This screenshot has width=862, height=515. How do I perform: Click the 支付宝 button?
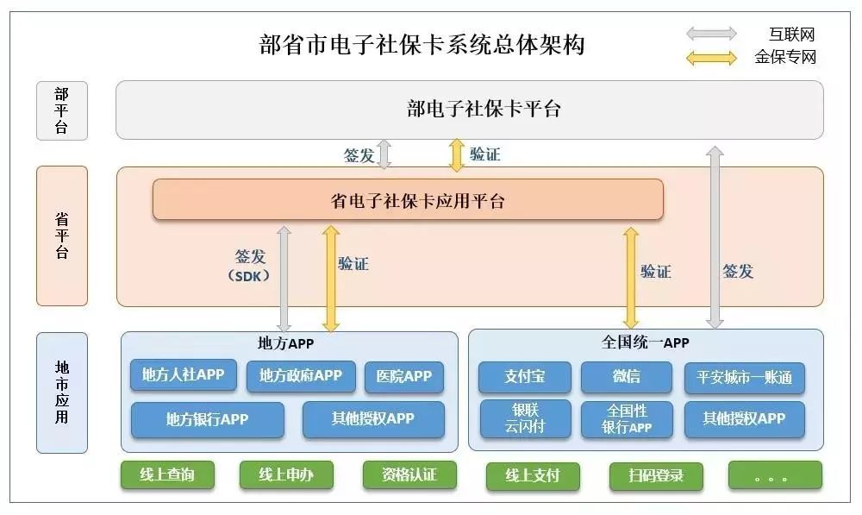[524, 377]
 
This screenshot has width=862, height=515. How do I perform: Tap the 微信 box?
[626, 377]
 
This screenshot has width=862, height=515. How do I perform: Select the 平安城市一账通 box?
[745, 378]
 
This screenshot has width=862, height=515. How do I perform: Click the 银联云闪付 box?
[525, 418]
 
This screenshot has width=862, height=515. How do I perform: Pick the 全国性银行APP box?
[627, 419]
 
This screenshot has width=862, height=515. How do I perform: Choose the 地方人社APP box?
[183, 374]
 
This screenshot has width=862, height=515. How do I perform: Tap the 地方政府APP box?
[301, 376]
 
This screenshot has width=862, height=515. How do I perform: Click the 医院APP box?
[404, 377]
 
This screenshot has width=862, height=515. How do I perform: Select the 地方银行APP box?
[207, 420]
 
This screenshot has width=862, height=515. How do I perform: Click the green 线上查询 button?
[167, 474]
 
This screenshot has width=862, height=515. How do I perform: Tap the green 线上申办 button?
[286, 474]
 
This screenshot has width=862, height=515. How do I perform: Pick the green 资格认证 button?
[409, 474]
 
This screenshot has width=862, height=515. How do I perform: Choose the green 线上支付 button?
[533, 476]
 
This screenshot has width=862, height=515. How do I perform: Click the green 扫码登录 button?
[656, 476]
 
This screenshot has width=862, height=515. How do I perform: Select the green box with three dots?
[775, 475]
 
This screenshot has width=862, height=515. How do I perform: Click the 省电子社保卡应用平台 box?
[408, 200]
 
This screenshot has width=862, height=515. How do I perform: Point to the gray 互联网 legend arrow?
[711, 35]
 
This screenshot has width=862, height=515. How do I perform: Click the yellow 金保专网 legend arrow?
[711, 58]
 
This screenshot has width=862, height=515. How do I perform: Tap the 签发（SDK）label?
[250, 266]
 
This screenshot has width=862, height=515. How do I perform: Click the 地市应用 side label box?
[62, 393]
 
